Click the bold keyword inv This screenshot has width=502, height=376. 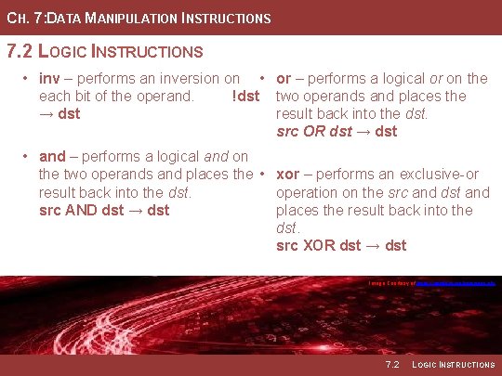tap(49, 79)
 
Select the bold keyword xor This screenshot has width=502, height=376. tap(288, 175)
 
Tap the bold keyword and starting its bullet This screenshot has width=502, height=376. tap(52, 157)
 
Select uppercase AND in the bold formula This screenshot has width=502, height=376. tap(84, 210)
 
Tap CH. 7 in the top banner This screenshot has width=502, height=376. tap(22, 18)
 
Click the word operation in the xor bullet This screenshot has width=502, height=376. tap(310, 193)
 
